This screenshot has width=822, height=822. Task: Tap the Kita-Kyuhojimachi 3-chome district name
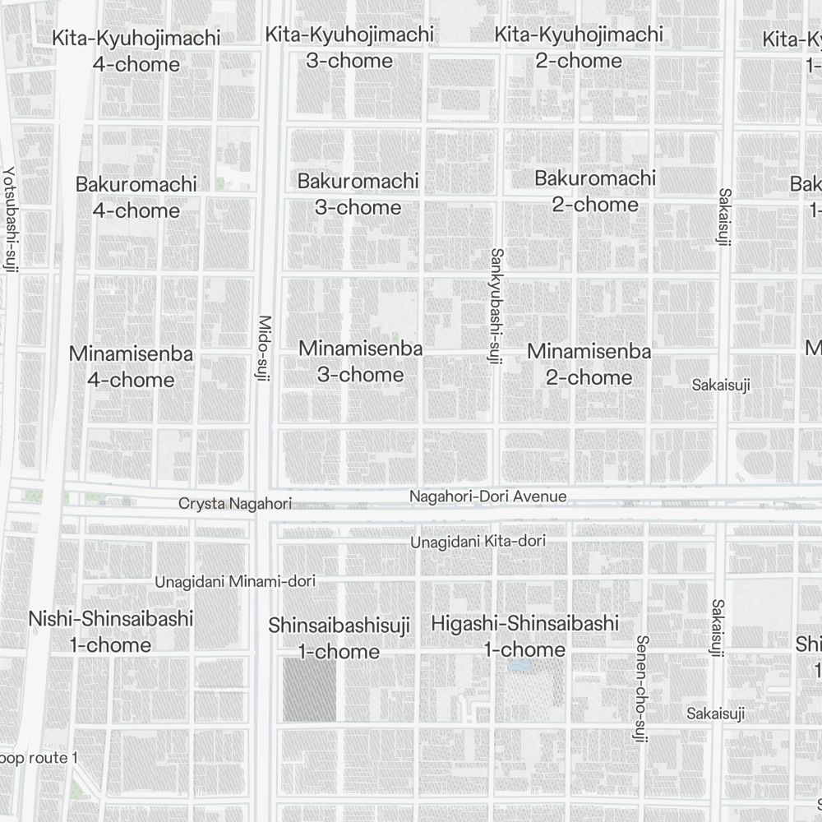pyautogui.click(x=349, y=48)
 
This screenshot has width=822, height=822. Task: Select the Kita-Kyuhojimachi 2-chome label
pyautogui.click(x=579, y=48)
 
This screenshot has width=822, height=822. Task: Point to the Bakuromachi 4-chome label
pyautogui.click(x=136, y=197)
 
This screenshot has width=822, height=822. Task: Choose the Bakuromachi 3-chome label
pyautogui.click(x=358, y=194)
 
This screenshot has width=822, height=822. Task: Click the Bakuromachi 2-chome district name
pyautogui.click(x=595, y=191)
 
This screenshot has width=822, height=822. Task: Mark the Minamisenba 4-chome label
pyautogui.click(x=132, y=367)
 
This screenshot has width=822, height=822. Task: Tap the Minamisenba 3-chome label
pyautogui.click(x=360, y=362)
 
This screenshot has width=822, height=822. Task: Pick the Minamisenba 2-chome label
pyautogui.click(x=589, y=364)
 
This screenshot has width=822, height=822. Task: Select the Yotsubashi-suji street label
pyautogui.click(x=9, y=219)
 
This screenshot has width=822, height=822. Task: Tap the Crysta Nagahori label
pyautogui.click(x=235, y=503)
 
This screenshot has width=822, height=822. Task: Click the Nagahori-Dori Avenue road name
pyautogui.click(x=487, y=496)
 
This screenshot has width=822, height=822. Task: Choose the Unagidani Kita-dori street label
pyautogui.click(x=478, y=542)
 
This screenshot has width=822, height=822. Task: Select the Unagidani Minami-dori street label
pyautogui.click(x=235, y=582)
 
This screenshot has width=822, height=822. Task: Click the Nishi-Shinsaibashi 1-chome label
pyautogui.click(x=111, y=631)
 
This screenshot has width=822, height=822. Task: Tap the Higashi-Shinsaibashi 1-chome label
pyautogui.click(x=524, y=636)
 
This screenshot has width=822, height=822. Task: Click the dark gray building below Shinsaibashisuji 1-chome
pyautogui.click(x=310, y=690)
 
